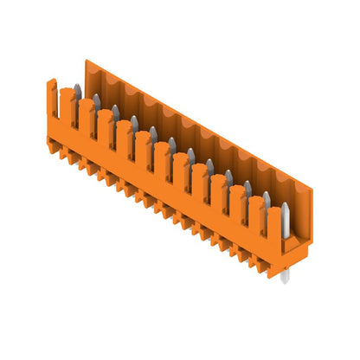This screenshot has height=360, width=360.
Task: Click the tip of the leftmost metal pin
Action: coord(77,87)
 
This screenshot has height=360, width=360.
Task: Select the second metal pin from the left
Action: coord(96,101)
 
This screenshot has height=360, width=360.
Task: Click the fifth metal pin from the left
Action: coord(153,133)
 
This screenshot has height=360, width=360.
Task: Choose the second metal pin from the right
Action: coord(267,201)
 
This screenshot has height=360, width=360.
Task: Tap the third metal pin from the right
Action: coord(247,189)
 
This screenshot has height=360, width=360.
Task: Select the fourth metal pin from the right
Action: coord(228,177)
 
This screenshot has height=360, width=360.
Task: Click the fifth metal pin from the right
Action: coord(209,166)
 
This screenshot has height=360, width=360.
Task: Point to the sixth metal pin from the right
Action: coord(190,155)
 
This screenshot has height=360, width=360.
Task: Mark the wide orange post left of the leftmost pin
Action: coord(67,103)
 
